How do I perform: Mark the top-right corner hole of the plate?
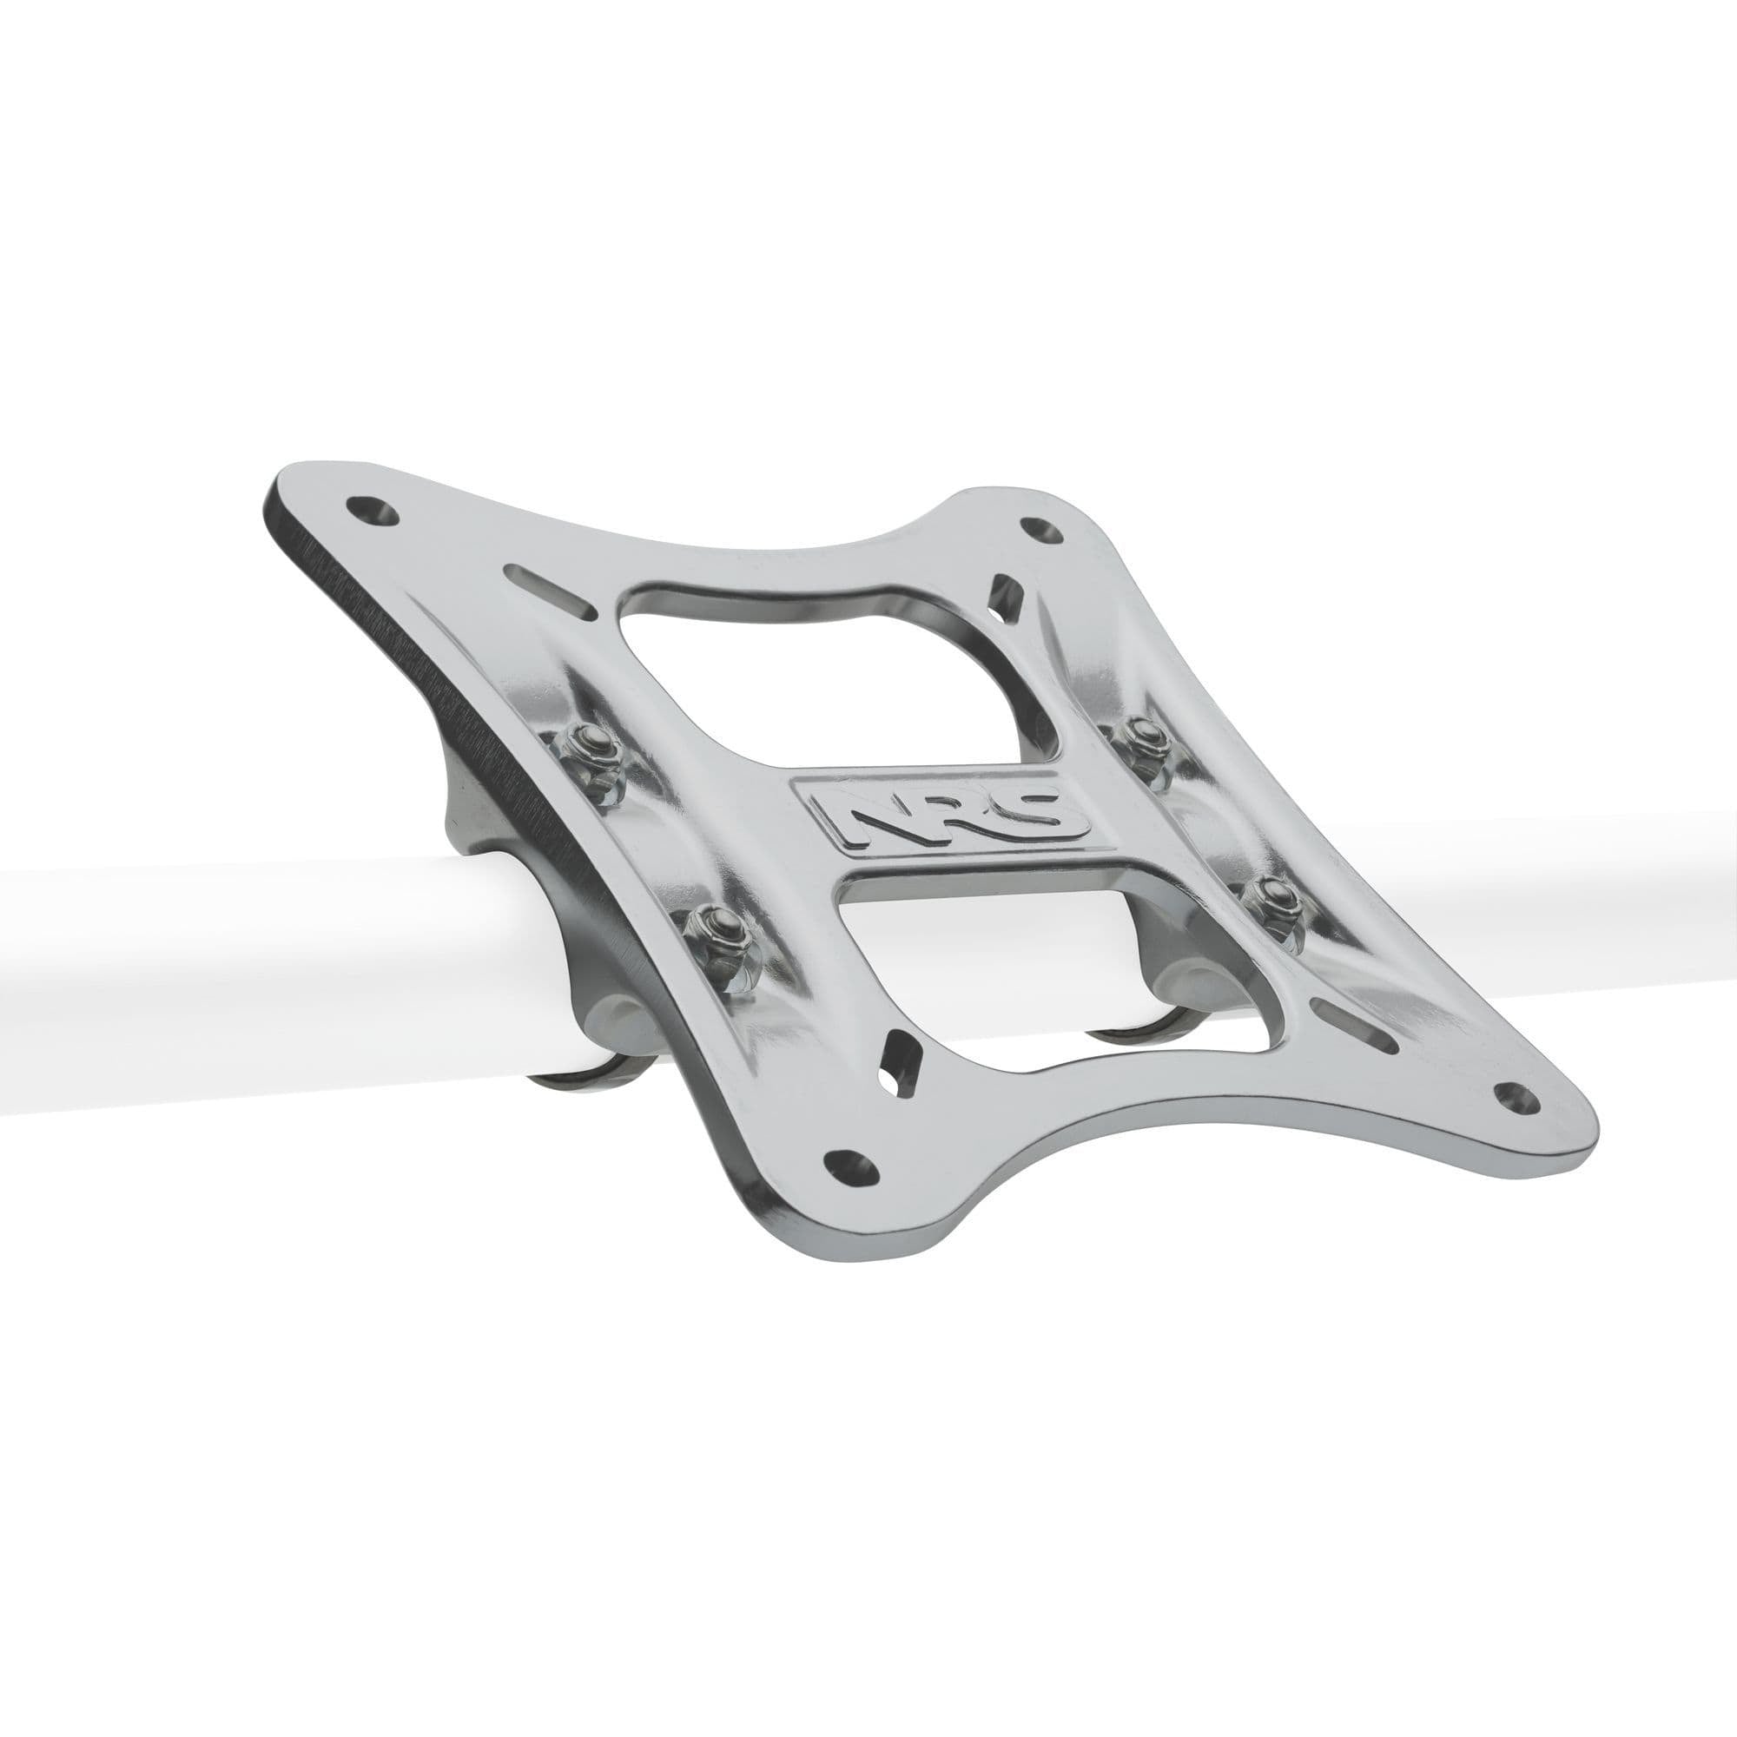pyautogui.click(x=1040, y=532)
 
